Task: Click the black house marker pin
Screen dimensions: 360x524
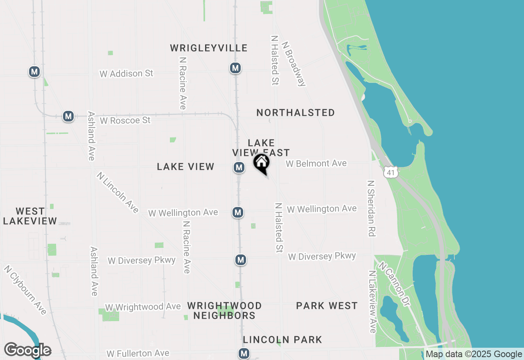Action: (261, 163)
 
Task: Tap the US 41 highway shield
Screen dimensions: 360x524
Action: (391, 173)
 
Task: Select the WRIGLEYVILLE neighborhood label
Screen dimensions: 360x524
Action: (209, 48)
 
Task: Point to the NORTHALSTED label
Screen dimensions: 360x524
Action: (296, 112)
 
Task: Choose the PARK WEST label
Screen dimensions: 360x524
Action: (327, 306)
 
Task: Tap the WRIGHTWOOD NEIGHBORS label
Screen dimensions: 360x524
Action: (224, 311)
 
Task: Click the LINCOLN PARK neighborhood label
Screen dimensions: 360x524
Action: (282, 340)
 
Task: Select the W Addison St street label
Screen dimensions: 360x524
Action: (126, 74)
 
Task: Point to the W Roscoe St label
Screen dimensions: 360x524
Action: (125, 120)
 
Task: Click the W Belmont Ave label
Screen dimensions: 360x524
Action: (316, 164)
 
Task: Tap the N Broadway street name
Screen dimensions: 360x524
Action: (294, 63)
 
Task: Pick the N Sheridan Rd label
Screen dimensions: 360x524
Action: (371, 208)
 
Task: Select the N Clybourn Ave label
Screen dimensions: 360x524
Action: (25, 290)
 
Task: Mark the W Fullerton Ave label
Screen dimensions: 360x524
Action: (138, 353)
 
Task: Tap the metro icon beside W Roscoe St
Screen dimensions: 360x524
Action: (68, 116)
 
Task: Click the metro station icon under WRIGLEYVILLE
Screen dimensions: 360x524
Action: (235, 68)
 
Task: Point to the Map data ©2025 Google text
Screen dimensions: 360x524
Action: (474, 354)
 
